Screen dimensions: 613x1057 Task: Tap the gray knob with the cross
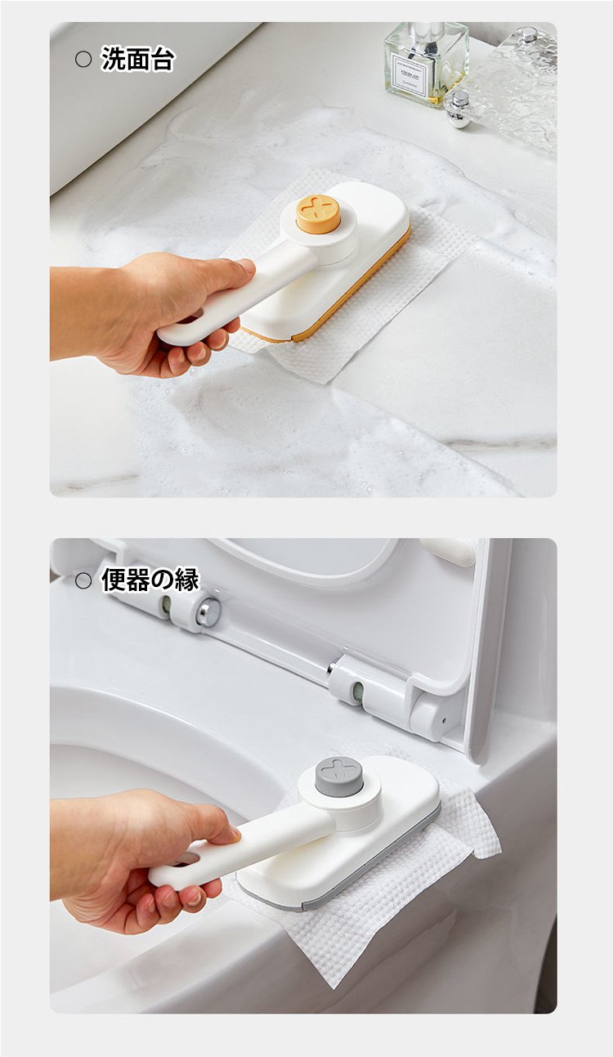(x=338, y=774)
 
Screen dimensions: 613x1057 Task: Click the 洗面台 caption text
(x=137, y=60)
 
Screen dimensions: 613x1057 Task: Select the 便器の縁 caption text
(x=150, y=580)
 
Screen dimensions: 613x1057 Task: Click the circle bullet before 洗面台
(x=83, y=59)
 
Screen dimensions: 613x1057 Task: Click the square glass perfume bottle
(x=426, y=61)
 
